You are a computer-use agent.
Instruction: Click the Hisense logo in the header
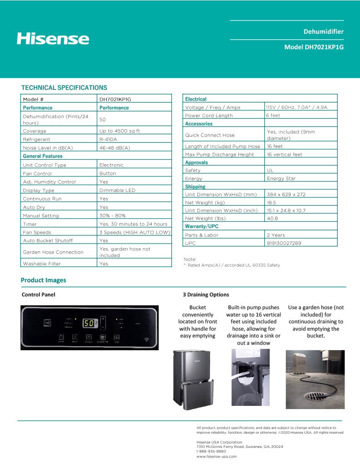click(53, 38)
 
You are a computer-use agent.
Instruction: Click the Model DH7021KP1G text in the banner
click(314, 47)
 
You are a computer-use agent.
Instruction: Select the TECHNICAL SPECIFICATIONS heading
click(64, 88)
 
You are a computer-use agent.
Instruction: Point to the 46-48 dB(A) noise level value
click(115, 148)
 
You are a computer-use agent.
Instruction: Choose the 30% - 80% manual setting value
click(113, 216)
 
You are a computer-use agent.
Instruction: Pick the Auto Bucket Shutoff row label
click(48, 240)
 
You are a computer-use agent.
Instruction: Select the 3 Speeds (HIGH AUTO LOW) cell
click(135, 233)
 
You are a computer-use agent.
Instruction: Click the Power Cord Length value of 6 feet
click(273, 115)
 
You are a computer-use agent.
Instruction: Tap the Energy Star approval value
click(282, 178)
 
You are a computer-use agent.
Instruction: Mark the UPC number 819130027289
click(284, 243)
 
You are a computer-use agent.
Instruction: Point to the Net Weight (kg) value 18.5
click(272, 202)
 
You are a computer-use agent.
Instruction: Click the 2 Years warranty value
click(276, 235)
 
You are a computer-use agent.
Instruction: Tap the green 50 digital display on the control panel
click(88, 323)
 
